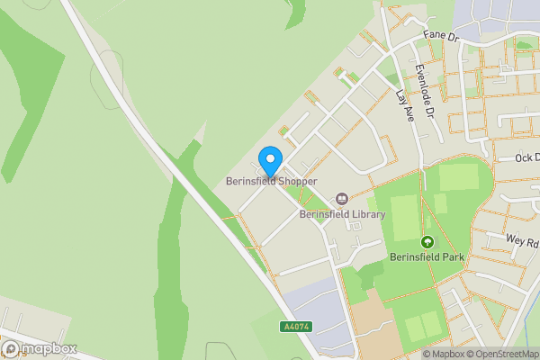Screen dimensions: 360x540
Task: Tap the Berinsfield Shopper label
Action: click(271, 181)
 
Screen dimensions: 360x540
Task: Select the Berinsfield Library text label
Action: click(342, 214)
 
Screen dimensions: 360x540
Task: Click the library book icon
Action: click(341, 198)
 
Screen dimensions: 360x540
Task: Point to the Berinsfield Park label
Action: click(427, 256)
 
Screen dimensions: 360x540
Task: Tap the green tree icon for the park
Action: click(427, 241)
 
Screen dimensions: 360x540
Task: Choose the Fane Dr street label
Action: click(442, 38)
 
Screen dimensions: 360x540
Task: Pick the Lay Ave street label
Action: click(403, 103)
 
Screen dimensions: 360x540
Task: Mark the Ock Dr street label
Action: click(526, 157)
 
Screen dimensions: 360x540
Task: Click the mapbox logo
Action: click(39, 348)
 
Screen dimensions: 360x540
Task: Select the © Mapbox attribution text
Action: click(432, 354)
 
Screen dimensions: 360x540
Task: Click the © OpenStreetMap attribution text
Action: click(497, 354)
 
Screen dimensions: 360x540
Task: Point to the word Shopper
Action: click(297, 181)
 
